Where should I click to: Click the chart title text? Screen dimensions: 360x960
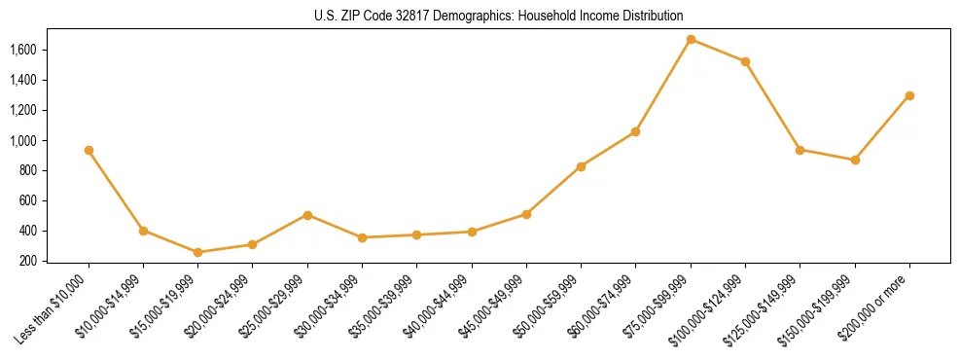point(498,16)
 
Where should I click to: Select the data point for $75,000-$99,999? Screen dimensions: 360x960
point(691,40)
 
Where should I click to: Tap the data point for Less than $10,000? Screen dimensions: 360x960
point(89,151)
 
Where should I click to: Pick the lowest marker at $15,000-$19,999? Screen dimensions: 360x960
point(198,252)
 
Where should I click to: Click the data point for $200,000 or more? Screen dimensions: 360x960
point(909,95)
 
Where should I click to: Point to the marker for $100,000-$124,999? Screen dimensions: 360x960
point(745,61)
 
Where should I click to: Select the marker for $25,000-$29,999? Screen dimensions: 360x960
point(307,215)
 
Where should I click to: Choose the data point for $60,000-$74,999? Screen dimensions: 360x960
point(635,131)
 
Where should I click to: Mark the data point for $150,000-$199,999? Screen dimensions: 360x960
point(855,160)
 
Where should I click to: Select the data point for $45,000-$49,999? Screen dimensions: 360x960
point(526,214)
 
